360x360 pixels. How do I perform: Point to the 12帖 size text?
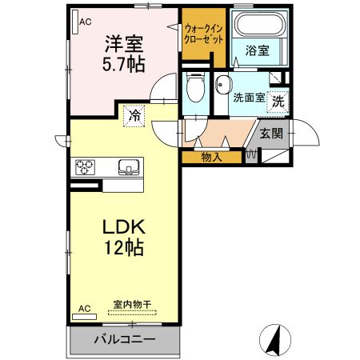[122, 248]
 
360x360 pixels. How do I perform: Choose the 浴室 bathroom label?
[257, 50]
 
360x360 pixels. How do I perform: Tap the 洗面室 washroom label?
[248, 98]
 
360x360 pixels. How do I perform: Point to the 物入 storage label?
[211, 158]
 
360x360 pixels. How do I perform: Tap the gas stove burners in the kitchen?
[86, 167]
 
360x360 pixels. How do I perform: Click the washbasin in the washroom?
[222, 85]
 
